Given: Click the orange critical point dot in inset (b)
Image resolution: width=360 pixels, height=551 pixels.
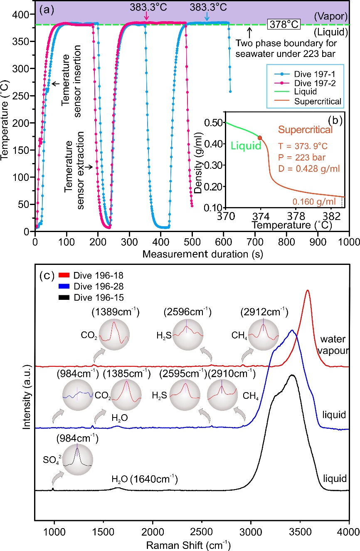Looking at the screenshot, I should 260,138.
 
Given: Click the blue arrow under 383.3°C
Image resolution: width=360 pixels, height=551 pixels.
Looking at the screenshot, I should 207,16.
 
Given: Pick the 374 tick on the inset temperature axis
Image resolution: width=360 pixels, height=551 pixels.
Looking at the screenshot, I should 260,216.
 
